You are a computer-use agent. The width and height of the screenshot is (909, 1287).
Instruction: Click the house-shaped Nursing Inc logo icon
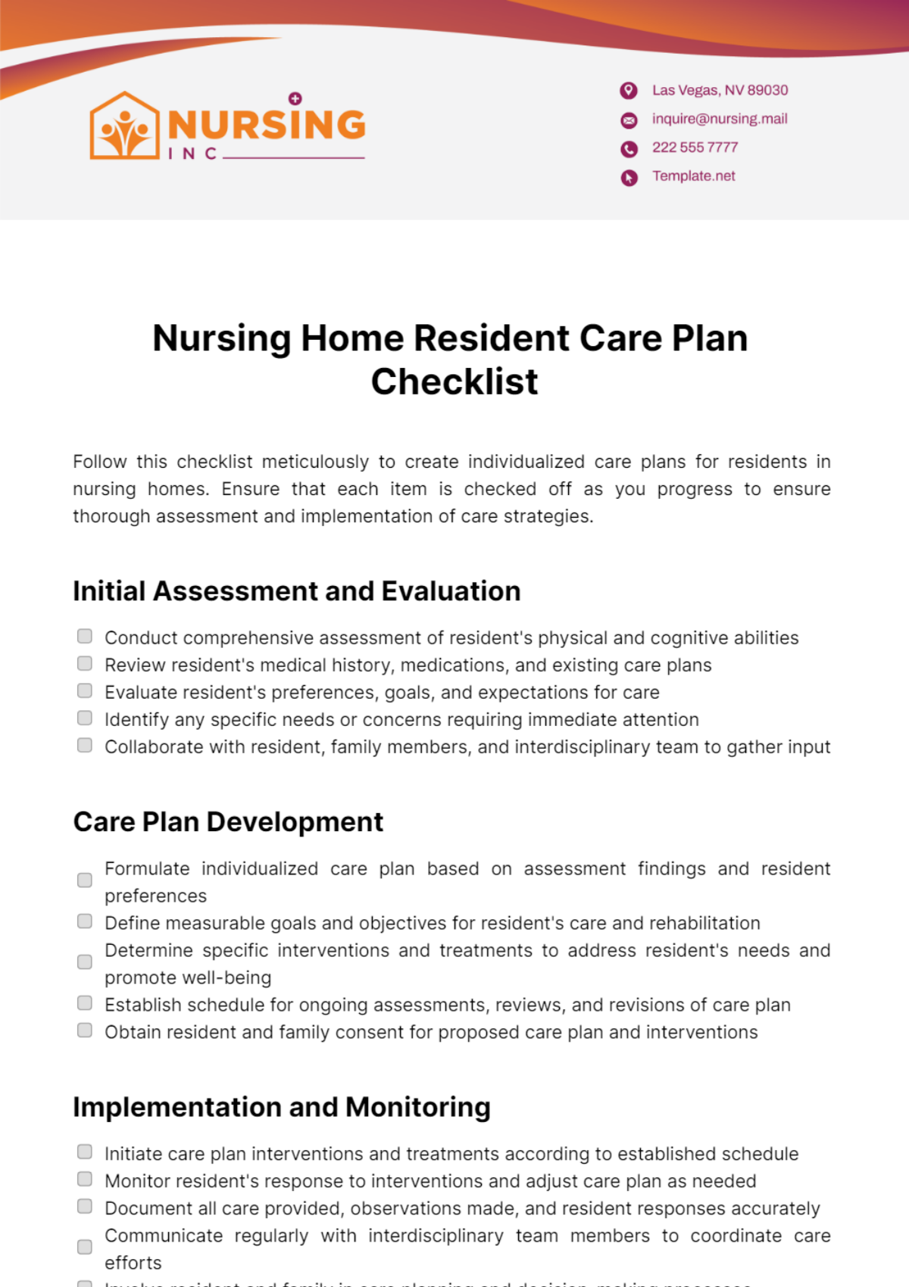click(125, 126)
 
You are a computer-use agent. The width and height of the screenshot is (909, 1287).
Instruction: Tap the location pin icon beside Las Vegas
click(629, 91)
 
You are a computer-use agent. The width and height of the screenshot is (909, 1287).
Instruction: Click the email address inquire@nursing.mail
click(720, 119)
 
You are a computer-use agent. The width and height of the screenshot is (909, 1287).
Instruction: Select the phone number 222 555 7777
click(695, 148)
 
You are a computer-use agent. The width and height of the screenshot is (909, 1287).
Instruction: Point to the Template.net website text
click(694, 176)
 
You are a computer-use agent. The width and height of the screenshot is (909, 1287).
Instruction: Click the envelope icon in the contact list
click(629, 120)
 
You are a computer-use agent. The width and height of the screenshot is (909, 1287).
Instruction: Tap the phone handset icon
click(629, 148)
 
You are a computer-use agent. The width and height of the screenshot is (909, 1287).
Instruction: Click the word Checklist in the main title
click(454, 382)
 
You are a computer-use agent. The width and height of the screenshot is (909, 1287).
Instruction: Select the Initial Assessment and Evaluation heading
click(297, 591)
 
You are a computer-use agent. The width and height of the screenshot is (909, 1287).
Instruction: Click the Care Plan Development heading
click(228, 822)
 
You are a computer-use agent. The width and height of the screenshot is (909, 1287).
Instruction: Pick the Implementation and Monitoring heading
click(282, 1108)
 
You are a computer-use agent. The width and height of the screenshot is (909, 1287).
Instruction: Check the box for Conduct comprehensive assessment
click(85, 636)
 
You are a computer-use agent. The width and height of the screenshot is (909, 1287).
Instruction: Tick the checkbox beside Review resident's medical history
click(85, 663)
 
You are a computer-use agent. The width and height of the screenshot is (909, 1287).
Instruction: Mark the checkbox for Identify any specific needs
click(85, 718)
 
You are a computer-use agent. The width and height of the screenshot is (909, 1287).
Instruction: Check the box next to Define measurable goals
click(85, 921)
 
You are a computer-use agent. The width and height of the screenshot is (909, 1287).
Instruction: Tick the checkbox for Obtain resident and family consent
click(85, 1030)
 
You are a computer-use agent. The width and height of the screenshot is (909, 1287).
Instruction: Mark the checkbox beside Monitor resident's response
click(85, 1179)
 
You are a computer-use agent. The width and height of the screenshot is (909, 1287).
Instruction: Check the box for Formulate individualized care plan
click(85, 880)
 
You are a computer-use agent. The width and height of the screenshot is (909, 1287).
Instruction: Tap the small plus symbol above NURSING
click(295, 98)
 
